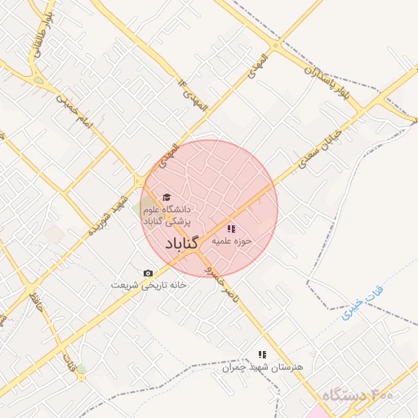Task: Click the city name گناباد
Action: coord(182,244)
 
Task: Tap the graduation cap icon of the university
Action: coord(167,197)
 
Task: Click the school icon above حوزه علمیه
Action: coord(231,229)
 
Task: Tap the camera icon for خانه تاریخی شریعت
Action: coord(148,273)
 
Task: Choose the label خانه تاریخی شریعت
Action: coord(149,286)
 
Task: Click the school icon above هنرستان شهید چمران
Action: coord(262,354)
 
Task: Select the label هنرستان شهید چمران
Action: coord(263,367)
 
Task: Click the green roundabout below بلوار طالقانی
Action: coord(38,79)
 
